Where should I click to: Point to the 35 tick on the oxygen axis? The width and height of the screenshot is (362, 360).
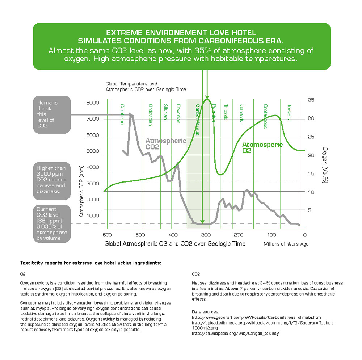pos(310,100)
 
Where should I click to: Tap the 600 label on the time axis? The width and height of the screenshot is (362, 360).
pos(108,235)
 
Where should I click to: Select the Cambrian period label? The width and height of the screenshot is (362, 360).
pos(122,114)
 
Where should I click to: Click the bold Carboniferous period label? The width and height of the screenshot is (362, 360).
pos(198,120)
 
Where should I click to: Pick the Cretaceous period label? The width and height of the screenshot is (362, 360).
pos(266,116)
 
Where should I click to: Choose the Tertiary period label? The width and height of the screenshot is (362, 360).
pos(289,113)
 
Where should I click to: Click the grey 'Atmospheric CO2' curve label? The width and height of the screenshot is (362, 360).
pos(165,144)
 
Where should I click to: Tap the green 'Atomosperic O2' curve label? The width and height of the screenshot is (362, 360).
pos(262,147)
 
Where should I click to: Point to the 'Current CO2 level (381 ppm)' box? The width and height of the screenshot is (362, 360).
pos(52,224)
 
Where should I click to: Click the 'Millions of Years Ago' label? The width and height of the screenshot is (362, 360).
pos(286,244)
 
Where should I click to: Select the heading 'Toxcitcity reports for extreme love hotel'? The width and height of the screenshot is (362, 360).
pos(90,263)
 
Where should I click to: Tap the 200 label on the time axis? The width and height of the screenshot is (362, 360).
pos(239,235)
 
